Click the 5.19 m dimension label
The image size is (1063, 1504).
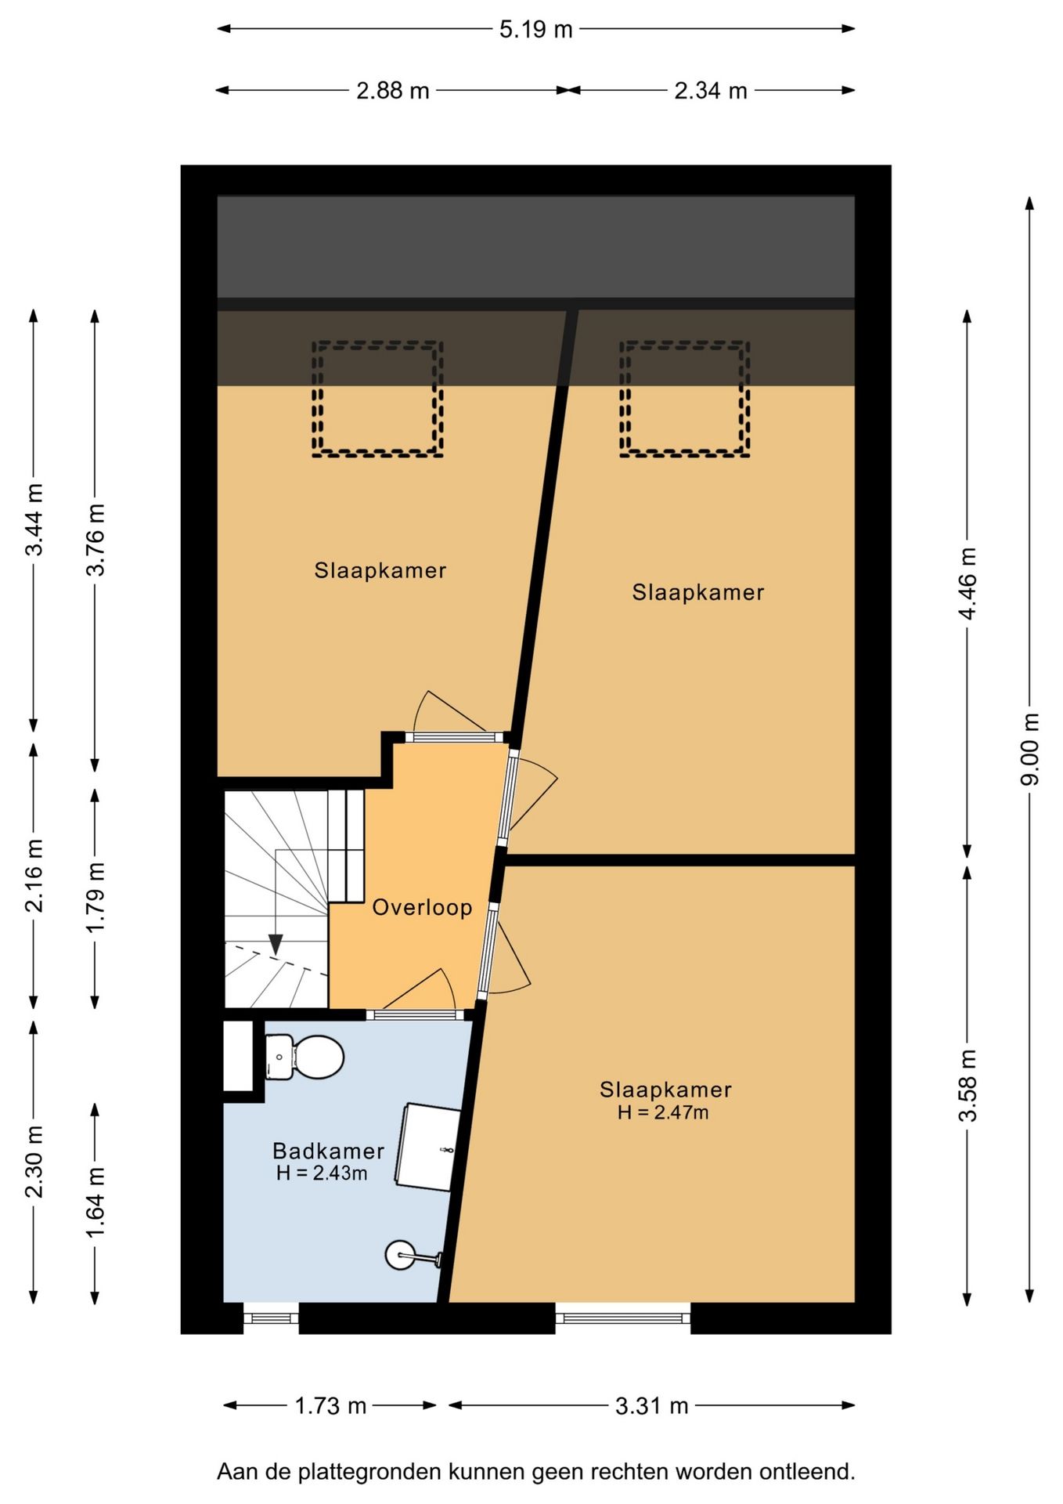(536, 30)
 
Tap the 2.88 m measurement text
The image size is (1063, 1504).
(393, 91)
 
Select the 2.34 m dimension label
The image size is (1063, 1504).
(711, 91)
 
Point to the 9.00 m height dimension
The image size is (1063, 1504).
(1031, 749)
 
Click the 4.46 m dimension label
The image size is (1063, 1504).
(968, 584)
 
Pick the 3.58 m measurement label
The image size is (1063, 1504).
(968, 1086)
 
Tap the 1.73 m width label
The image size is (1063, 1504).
(330, 1406)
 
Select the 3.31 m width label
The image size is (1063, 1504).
(651, 1406)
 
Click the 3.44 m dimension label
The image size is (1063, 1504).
(34, 520)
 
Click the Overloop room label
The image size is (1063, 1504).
(422, 907)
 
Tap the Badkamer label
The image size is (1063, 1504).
(328, 1151)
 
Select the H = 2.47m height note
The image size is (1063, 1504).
(663, 1112)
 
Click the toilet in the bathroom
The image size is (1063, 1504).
(304, 1057)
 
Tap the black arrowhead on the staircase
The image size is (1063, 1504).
(276, 945)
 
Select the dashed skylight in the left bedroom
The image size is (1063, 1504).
(378, 399)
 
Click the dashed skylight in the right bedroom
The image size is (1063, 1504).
(685, 399)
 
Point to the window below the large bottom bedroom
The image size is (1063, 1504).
(623, 1318)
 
